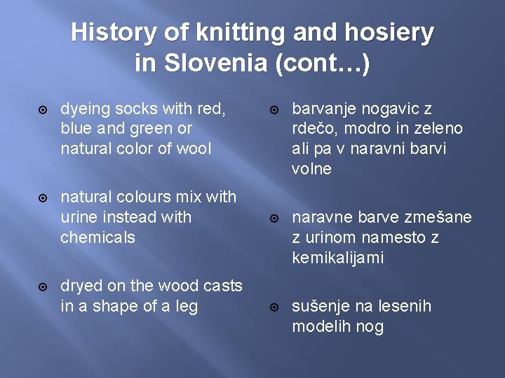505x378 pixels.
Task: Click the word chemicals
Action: point(97,237)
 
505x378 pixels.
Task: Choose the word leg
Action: point(185,306)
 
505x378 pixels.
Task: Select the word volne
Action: point(311,169)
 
